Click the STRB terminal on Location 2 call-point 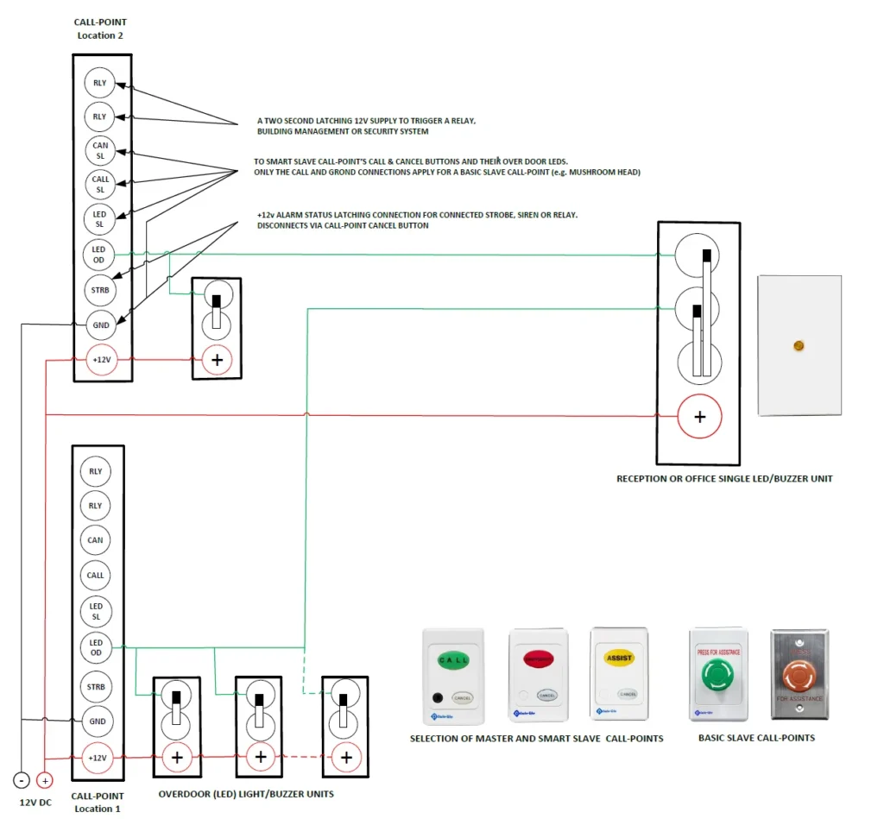pos(101,290)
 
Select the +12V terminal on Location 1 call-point pos(97,758)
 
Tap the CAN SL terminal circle pos(101,151)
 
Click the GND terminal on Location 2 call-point pos(101,325)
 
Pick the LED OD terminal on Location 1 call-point pos(96,647)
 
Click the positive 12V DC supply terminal pos(45,780)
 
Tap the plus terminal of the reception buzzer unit pos(699,417)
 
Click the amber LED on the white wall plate pos(799,346)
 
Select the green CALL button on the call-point pos(453,661)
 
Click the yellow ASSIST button pos(619,658)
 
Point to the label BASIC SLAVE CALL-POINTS pos(756,738)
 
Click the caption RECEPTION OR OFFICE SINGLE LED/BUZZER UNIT pos(724,478)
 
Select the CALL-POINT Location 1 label pos(97,802)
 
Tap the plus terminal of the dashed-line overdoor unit pos(346,758)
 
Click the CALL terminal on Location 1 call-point pos(96,575)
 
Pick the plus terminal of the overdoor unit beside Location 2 pos(216,360)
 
